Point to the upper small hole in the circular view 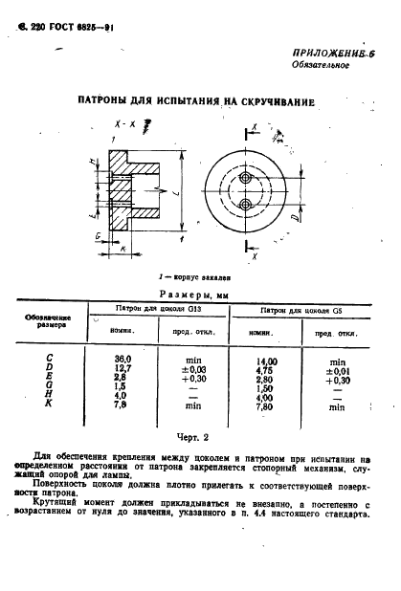tap(247, 180)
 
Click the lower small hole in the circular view tap(247, 204)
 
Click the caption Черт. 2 tap(201, 436)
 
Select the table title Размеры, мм tap(201, 295)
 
